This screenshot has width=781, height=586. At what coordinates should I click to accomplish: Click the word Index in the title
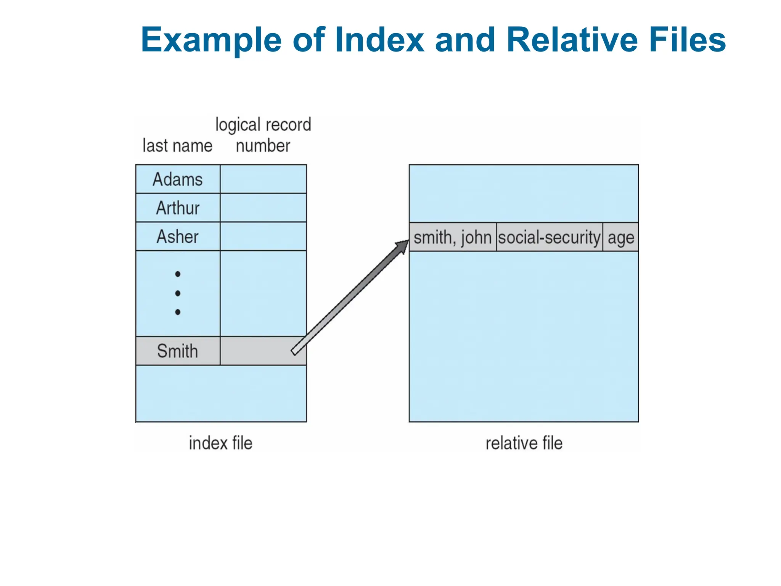pyautogui.click(x=379, y=40)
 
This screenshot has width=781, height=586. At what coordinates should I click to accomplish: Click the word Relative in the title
pyautogui.click(x=572, y=40)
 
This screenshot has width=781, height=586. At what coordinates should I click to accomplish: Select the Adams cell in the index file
pyautogui.click(x=178, y=179)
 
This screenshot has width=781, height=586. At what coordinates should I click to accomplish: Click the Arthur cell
pyautogui.click(x=178, y=208)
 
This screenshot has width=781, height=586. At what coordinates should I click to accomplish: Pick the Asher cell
pyautogui.click(x=178, y=237)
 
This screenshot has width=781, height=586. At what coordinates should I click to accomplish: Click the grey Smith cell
pyautogui.click(x=178, y=351)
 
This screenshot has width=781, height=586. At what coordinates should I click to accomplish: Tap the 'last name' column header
pyautogui.click(x=177, y=146)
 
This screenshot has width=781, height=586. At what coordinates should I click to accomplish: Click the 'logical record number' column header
pyautogui.click(x=263, y=135)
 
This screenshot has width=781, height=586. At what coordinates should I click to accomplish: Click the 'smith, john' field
pyautogui.click(x=452, y=237)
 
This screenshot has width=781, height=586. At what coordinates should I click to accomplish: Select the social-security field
pyautogui.click(x=549, y=237)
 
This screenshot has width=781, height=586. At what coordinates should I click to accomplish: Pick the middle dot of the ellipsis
pyautogui.click(x=178, y=293)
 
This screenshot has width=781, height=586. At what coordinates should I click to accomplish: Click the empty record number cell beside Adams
pyautogui.click(x=263, y=179)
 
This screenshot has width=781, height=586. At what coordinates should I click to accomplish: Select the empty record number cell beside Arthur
pyautogui.click(x=263, y=208)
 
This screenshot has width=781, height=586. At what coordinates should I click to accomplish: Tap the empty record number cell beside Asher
pyautogui.click(x=263, y=237)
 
